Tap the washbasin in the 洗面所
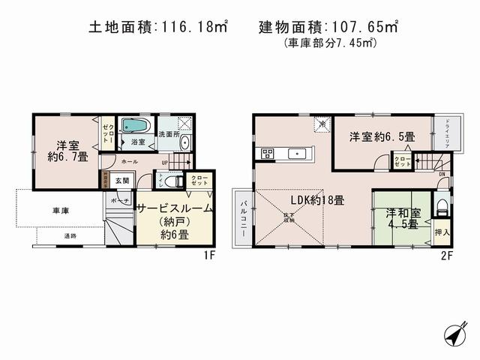[185, 143]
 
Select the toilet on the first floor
[170, 181]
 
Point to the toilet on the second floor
[441, 206]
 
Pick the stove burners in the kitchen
[267, 154]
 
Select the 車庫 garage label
[61, 211]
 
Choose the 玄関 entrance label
[122, 180]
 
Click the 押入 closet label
[442, 233]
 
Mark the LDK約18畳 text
[318, 200]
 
